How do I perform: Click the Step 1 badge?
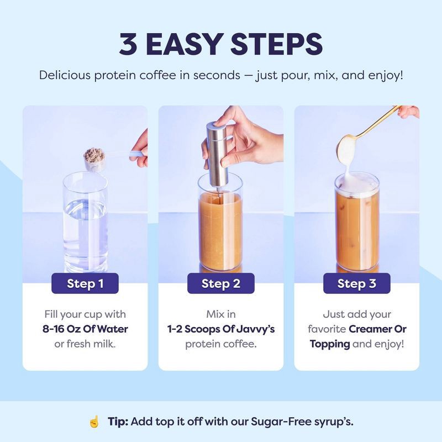(x=85, y=284)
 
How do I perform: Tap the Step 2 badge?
(x=220, y=284)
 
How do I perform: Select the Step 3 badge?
(x=356, y=284)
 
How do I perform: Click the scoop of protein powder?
(x=94, y=158)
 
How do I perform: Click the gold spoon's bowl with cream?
(x=348, y=148)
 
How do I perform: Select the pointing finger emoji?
(x=94, y=422)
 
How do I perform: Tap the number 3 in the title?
(x=128, y=44)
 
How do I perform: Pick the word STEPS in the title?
(x=280, y=44)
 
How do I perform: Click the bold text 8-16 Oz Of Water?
(x=85, y=329)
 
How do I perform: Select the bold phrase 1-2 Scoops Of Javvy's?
(x=220, y=329)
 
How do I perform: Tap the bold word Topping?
(x=330, y=344)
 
